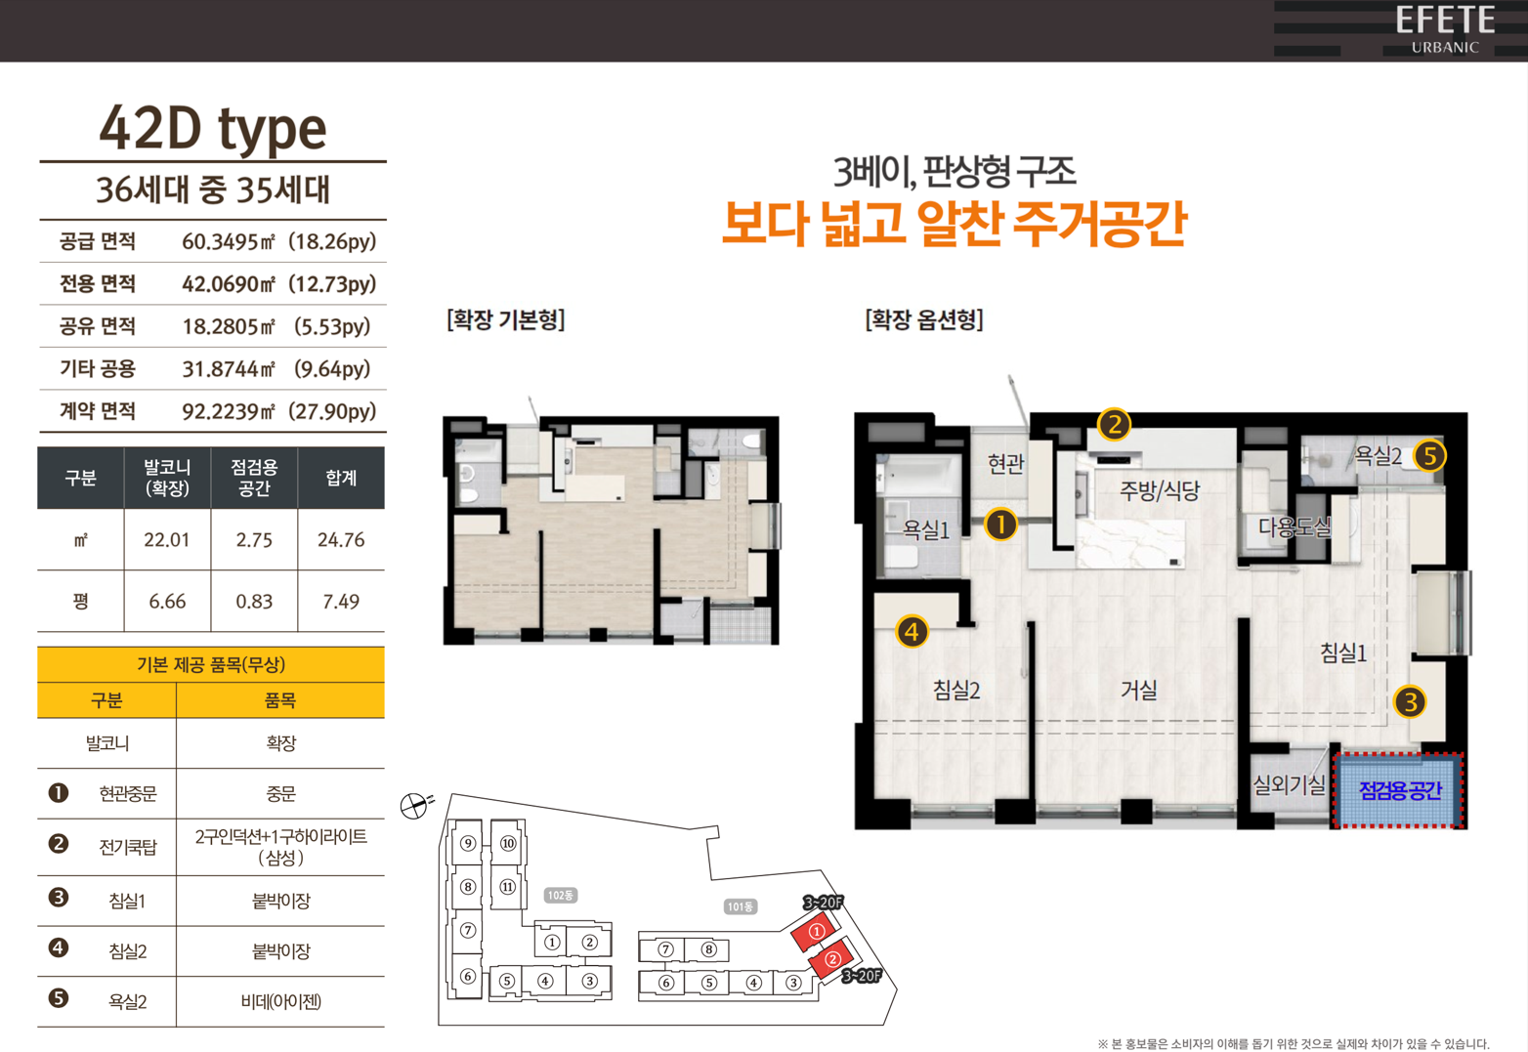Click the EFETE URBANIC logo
coord(1445,28)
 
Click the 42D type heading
coord(213,130)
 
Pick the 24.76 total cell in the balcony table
coord(341,540)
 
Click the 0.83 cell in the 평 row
coord(254,602)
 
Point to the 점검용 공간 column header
coord(254,478)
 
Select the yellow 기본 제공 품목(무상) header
coord(211,665)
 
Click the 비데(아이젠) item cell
coord(281,1001)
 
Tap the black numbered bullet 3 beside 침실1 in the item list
coord(59,898)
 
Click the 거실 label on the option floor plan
coord(1139,690)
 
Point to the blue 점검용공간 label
coord(1400,790)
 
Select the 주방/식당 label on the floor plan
coord(1160,490)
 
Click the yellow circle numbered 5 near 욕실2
coord(1429,455)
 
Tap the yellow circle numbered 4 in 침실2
coord(913,632)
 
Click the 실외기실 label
coord(1290,784)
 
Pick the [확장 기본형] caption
coord(506,319)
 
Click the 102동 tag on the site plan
coord(561,895)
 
